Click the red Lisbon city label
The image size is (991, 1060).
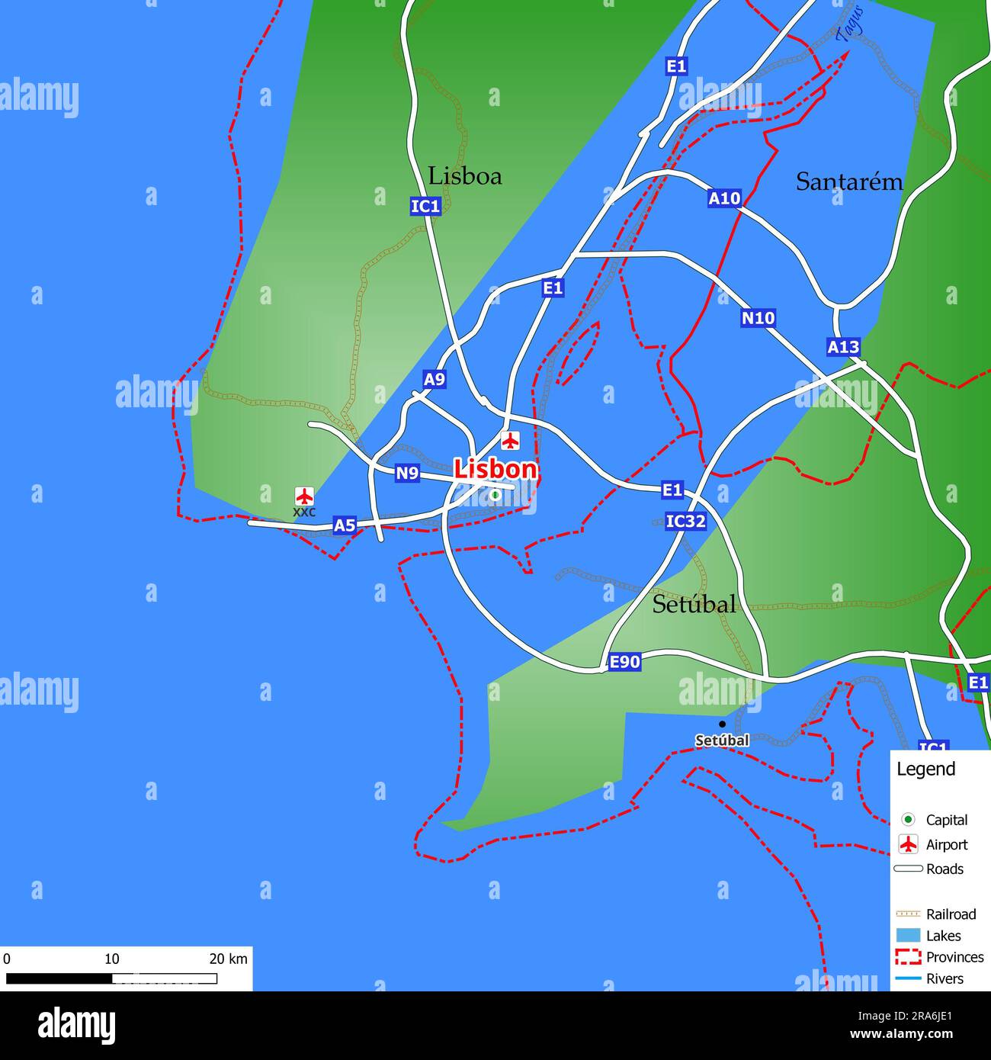(496, 470)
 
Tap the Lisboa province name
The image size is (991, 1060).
(464, 176)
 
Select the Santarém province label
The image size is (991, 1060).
(848, 181)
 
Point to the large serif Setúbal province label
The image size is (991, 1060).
(694, 605)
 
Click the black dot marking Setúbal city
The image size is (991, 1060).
(722, 724)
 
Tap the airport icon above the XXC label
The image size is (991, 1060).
(304, 496)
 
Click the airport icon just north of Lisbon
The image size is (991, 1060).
(510, 440)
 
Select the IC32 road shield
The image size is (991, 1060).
(685, 522)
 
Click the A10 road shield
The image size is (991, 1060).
(723, 198)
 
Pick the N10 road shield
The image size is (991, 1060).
(758, 318)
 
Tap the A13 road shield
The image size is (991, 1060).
(843, 348)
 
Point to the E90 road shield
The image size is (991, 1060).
(624, 662)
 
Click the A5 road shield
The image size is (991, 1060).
(345, 525)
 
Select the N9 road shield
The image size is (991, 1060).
(407, 474)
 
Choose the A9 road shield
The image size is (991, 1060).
(434, 379)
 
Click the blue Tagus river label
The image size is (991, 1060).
(850, 24)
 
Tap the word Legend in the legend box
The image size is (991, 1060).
(925, 769)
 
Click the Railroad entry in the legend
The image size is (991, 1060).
(950, 914)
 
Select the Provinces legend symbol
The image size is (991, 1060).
(908, 957)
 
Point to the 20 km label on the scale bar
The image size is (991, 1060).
(228, 959)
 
